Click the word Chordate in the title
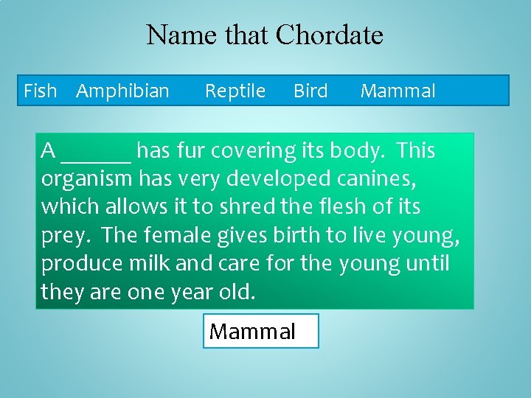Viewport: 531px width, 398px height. coord(329,35)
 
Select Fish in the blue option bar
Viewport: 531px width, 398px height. coord(40,91)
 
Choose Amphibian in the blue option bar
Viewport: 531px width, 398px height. coord(122,91)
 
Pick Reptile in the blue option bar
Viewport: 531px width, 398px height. coord(235,91)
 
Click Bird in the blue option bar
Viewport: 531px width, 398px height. coord(310,91)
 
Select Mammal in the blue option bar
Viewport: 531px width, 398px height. coord(398,91)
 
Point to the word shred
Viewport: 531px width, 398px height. coord(249,207)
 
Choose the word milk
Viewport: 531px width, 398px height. coord(148,263)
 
